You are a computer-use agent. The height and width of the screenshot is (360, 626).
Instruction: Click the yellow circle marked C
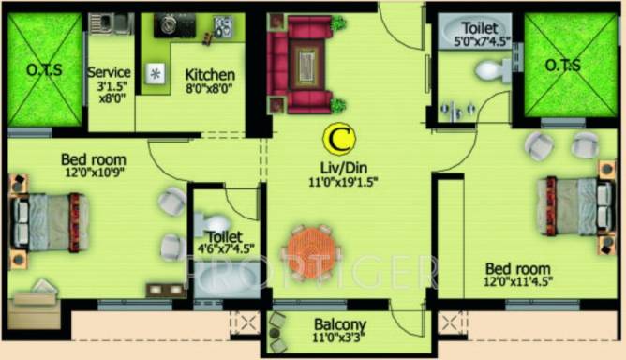point(339,138)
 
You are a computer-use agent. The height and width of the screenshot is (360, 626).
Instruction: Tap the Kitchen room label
point(210,75)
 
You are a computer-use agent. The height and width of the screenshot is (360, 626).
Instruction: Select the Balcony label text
point(340,324)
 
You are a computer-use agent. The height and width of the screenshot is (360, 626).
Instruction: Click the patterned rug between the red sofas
point(306,65)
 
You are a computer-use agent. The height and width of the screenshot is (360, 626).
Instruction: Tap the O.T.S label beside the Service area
point(44,69)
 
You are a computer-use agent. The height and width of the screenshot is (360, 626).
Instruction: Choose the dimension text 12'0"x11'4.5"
point(518,281)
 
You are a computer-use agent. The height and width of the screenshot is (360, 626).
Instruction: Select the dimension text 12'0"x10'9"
point(95,172)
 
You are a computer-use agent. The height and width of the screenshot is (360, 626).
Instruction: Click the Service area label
point(109,72)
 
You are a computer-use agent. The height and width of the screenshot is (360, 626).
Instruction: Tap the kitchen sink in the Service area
point(111,23)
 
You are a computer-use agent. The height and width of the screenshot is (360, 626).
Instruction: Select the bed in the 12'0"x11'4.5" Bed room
point(574,205)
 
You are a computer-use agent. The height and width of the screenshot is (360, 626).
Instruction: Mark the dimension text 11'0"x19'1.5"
point(343,182)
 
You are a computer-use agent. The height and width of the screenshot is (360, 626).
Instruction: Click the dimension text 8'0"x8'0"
point(209,88)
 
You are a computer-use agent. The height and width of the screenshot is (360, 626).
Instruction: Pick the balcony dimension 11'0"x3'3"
point(338,337)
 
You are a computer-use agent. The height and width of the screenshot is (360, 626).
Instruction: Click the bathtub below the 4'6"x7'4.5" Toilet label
point(227,278)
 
